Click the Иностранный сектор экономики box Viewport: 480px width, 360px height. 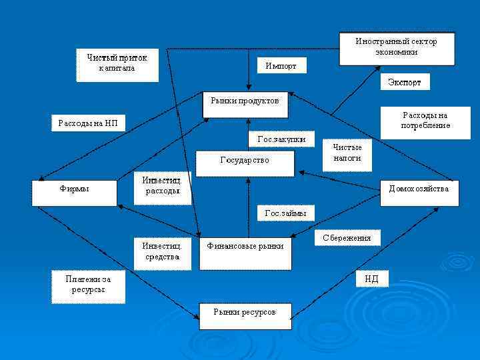coord(396,48)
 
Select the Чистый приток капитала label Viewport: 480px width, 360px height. coord(117,64)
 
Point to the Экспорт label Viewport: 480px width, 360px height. coord(405,82)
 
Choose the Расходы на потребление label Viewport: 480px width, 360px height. coord(425,121)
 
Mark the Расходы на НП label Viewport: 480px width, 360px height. coord(87,123)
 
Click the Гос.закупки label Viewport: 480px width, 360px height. coord(281,139)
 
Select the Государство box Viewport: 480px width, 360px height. coord(245,163)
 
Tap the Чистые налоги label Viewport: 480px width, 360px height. coord(347,153)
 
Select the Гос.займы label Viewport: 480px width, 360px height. coord(286,213)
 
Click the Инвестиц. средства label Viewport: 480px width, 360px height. coord(162,252)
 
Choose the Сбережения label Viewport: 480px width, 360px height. coord(347,238)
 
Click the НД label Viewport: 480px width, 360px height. coord(371,279)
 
